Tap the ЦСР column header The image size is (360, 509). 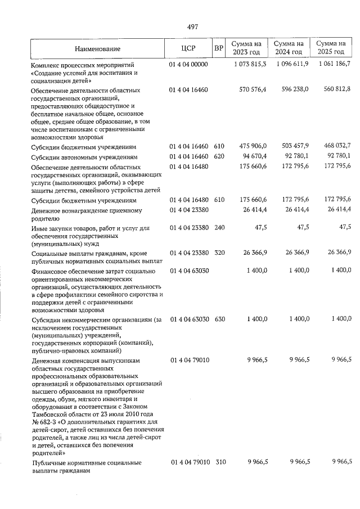pos(188,49)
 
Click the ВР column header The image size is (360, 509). pos(219,49)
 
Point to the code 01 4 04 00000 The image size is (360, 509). pos(188,65)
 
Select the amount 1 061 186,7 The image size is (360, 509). pos(334,64)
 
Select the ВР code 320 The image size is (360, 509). pos(219,254)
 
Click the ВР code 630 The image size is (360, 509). pos(219,319)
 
